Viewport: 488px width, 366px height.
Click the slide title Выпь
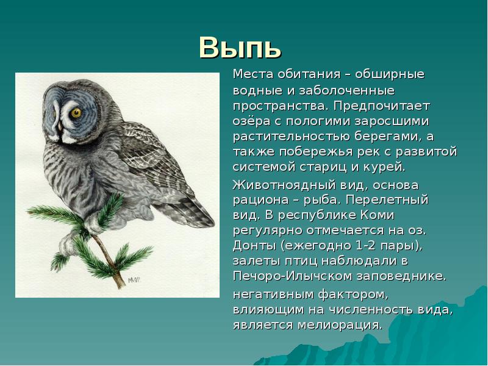tap(240, 46)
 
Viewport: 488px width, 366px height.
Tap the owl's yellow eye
tap(76, 113)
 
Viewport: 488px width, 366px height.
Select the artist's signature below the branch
tap(135, 280)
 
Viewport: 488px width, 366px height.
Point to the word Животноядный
tap(282, 185)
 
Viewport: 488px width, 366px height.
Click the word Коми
tap(376, 215)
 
